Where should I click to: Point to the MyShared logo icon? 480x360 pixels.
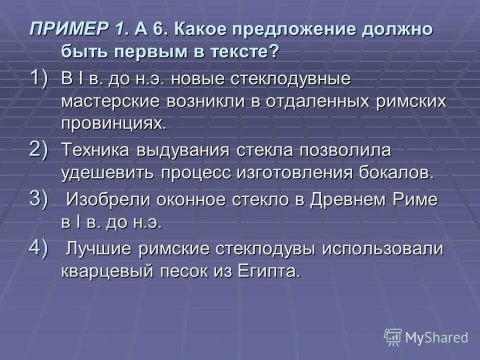click(x=392, y=337)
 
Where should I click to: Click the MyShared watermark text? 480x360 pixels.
click(x=436, y=337)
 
